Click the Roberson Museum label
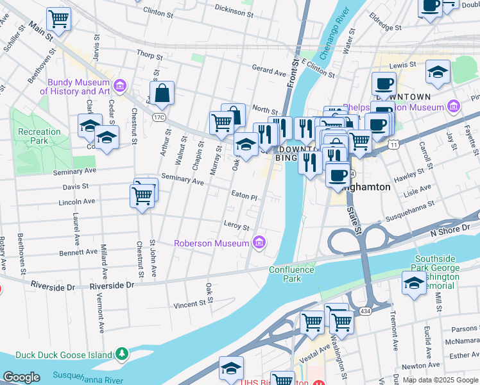coord(212,243)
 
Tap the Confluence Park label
coord(292,274)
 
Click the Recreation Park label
coord(39,136)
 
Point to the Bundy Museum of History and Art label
coord(78,87)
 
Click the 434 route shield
coord(365,311)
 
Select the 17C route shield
coord(159,117)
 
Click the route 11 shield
coord(393,145)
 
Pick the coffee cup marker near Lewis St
coord(384,83)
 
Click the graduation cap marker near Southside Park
coord(415,283)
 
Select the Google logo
coord(22,377)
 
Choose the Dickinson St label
coord(233,11)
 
